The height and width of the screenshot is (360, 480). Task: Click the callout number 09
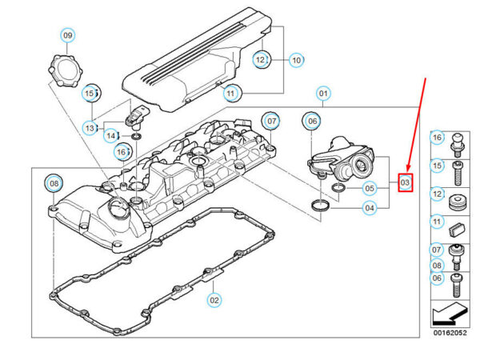[x=68, y=35]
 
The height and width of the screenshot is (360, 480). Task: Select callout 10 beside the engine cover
[x=296, y=59]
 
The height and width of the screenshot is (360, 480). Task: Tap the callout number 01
[x=323, y=93]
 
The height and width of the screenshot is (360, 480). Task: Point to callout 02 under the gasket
[x=214, y=300]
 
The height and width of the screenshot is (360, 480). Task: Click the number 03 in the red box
[x=405, y=183]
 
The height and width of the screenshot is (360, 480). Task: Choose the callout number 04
[x=370, y=208]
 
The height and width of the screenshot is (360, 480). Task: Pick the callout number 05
[x=369, y=189]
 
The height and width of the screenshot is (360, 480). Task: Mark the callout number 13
[x=90, y=127]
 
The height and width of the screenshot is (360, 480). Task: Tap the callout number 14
[x=112, y=135]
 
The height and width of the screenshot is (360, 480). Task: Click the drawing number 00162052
[x=448, y=333]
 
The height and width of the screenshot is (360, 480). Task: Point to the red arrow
[x=421, y=120]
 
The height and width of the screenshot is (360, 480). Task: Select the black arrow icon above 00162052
[x=448, y=311]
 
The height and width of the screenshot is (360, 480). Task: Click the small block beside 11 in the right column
[x=459, y=228]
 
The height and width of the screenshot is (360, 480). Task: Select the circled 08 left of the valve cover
[x=53, y=184]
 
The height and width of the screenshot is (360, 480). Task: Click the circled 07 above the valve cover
[x=272, y=122]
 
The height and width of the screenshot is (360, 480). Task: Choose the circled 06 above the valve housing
[x=310, y=121]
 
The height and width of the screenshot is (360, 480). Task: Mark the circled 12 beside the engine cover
[x=262, y=59]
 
